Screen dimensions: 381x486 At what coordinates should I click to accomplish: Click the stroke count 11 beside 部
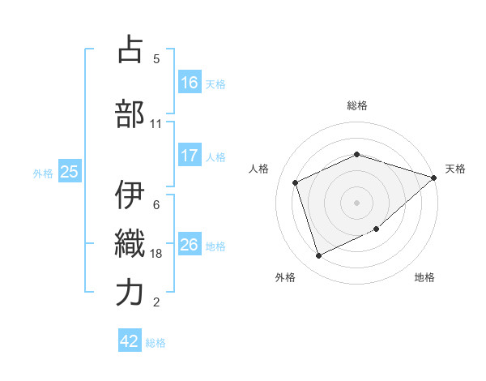tap(156, 124)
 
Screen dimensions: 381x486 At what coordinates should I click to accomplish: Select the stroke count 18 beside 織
tap(156, 254)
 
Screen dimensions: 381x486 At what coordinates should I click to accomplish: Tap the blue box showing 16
tap(190, 83)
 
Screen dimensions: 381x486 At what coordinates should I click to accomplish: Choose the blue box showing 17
tap(190, 156)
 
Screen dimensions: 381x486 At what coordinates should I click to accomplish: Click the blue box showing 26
tap(190, 245)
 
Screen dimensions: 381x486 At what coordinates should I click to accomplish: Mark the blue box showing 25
tap(69, 172)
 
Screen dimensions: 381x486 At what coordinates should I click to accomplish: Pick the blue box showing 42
tap(130, 342)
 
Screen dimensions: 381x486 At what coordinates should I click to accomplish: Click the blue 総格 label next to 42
tap(156, 343)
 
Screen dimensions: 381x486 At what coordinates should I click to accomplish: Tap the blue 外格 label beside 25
tap(43, 173)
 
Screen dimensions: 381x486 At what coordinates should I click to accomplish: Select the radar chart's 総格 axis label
tap(357, 105)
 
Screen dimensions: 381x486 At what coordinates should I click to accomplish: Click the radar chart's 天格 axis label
tap(455, 169)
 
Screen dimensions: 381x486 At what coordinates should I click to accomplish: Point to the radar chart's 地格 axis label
tap(424, 277)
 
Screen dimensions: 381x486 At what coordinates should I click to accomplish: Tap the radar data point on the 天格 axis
tap(433, 178)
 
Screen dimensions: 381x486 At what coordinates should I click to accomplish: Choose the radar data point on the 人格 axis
tap(296, 182)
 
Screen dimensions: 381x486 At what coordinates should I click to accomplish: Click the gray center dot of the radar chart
tap(357, 202)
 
